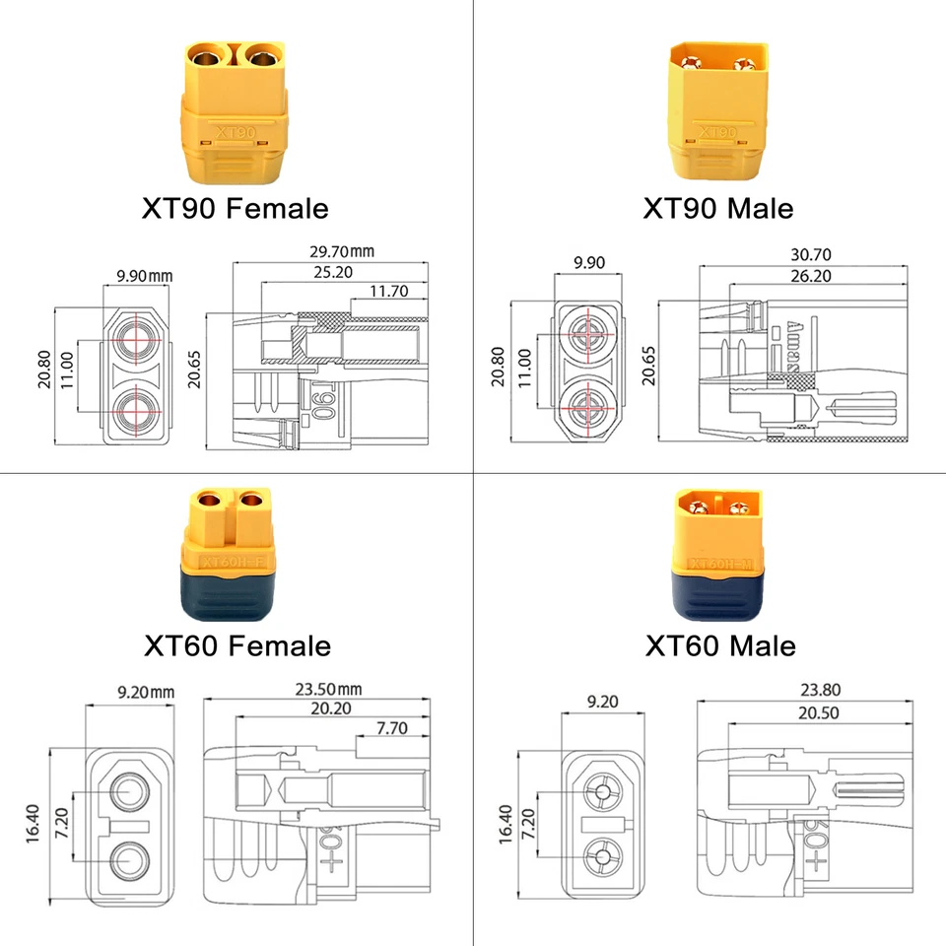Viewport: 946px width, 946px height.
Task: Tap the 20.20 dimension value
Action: [x=330, y=709]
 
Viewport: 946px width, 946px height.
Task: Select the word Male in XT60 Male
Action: [x=762, y=646]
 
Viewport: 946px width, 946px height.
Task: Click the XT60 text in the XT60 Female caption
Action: [x=181, y=646]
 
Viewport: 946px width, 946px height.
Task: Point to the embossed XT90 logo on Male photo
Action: [x=716, y=130]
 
